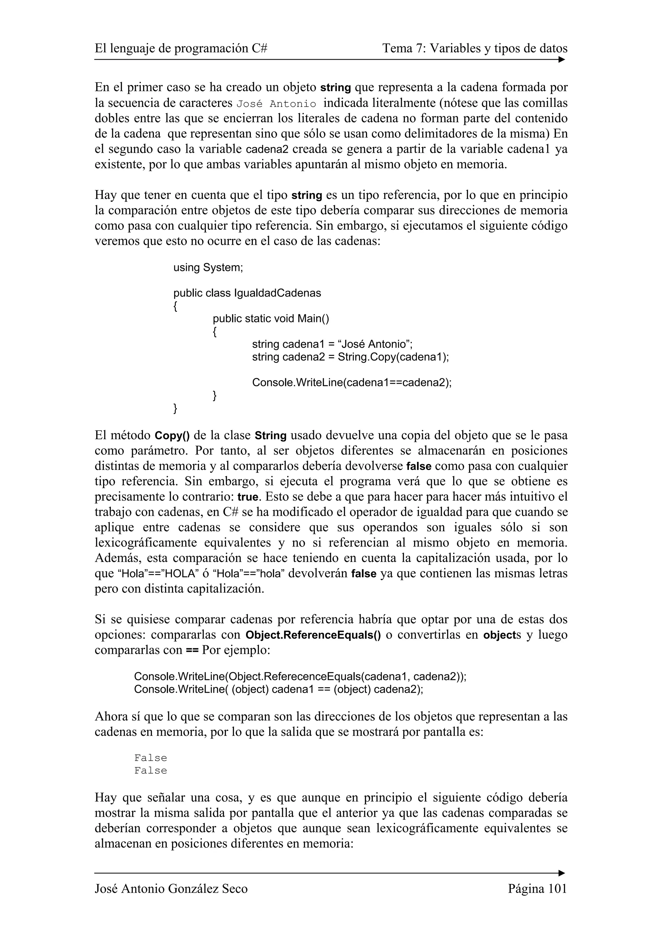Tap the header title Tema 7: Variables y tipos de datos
pos(475,48)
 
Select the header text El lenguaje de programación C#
pos(181,48)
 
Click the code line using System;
pos(208,268)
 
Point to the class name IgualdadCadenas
pos(277,293)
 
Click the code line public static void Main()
pos(271,318)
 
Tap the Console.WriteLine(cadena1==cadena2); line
pos(352,382)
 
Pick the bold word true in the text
pos(248,497)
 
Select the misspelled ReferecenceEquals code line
pos(300,677)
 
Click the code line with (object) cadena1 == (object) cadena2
pos(279,689)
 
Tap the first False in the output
pos(151,758)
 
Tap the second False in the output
pos(151,771)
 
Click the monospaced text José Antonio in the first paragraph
pos(276,104)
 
